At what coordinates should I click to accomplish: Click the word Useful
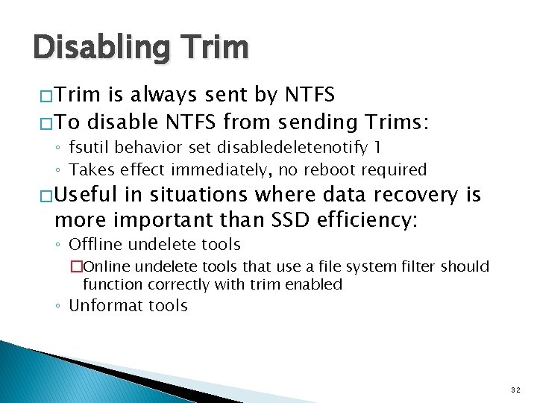84,196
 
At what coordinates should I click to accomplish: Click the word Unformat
101,305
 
